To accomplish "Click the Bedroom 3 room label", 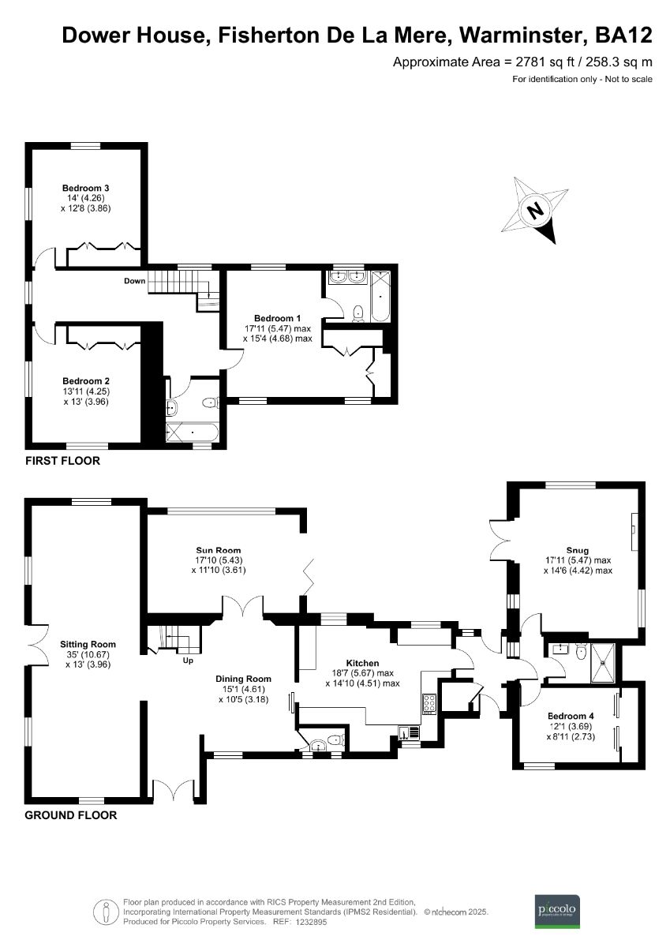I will pos(85,188).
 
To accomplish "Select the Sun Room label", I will pos(218,550).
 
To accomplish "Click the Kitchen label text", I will pos(363,663).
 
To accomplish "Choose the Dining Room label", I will pos(243,679).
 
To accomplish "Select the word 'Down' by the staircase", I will pos(134,281).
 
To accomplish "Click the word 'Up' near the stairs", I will pos(188,660).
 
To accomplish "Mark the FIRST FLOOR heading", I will pos(62,461).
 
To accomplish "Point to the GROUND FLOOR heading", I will pos(71,815).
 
